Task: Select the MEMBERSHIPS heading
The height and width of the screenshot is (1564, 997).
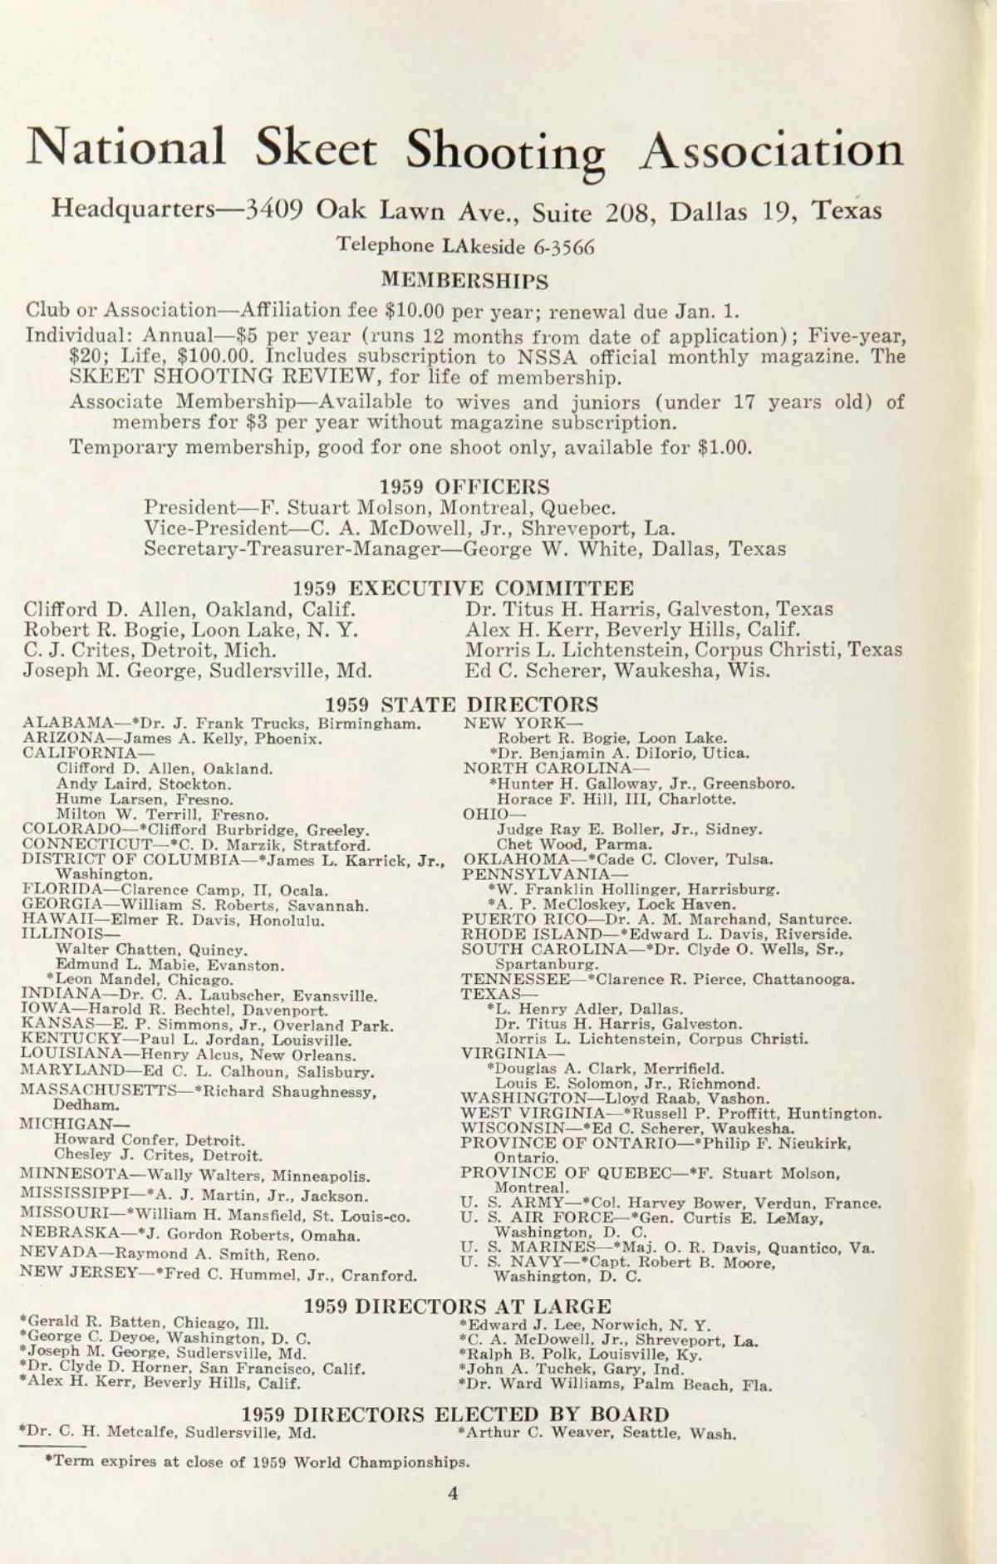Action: coord(464,281)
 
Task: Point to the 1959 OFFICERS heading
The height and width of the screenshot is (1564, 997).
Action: coord(464,487)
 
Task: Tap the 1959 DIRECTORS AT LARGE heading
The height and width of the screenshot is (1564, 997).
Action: coord(458,1306)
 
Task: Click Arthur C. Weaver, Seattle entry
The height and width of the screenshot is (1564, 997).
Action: coord(597,1434)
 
